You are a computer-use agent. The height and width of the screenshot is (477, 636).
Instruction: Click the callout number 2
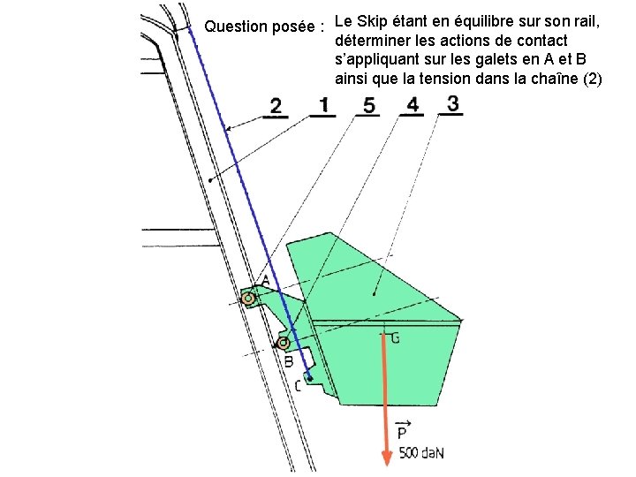coord(276,107)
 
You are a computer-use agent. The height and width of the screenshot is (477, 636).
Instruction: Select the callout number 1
coord(323,106)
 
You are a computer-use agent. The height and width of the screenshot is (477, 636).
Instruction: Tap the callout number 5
coord(368,106)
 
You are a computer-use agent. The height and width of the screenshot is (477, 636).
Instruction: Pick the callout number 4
coord(413,105)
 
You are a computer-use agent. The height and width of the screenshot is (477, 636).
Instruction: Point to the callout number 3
coord(452,103)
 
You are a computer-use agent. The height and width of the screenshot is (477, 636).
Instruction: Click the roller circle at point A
coord(249,299)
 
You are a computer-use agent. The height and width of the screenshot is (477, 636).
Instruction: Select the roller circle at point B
coord(283,343)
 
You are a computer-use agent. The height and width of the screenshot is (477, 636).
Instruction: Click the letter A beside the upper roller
coord(265,280)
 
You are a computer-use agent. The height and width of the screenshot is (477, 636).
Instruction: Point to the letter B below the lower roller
coord(288,360)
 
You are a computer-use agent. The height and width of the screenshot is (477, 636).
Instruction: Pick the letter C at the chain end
coord(298,385)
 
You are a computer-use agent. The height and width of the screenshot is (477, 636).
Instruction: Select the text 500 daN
coord(421,453)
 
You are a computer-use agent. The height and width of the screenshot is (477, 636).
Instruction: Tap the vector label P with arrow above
coord(402,431)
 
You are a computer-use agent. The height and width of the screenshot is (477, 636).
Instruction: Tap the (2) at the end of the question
coord(591,79)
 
